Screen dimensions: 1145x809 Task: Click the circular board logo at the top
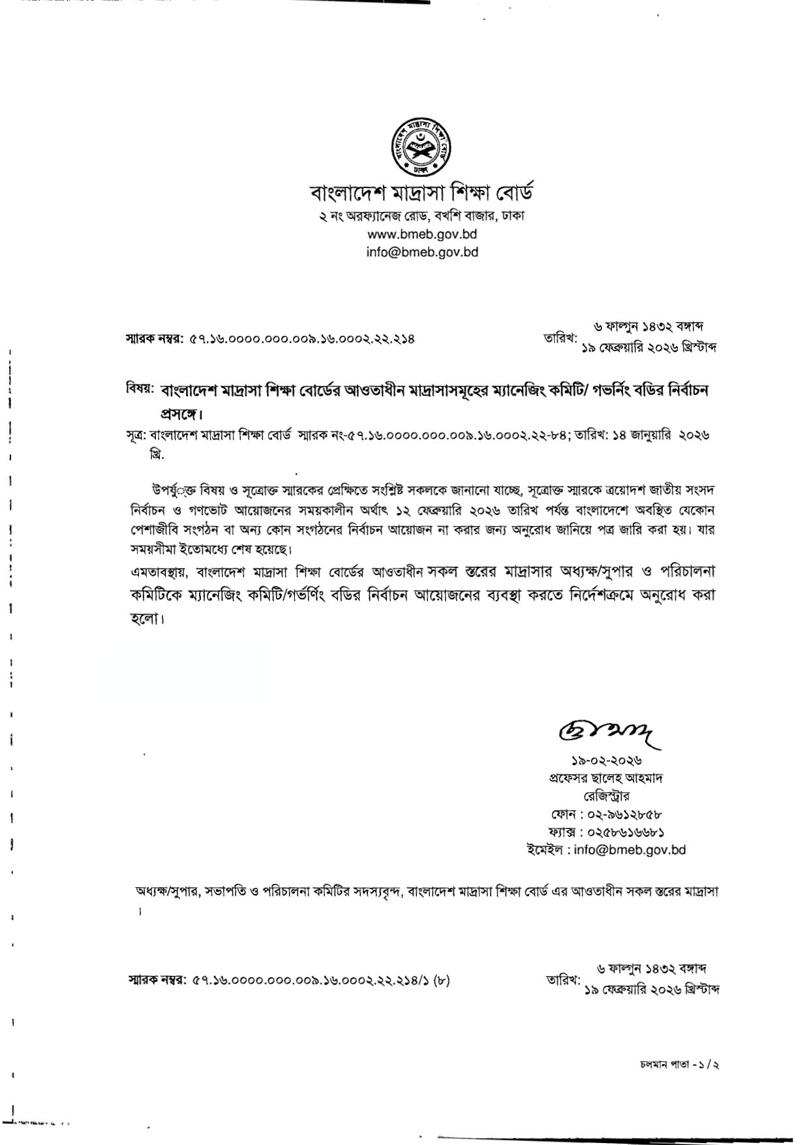pyautogui.click(x=421, y=146)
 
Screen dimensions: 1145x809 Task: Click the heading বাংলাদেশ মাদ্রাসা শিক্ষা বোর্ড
pyautogui.click(x=421, y=193)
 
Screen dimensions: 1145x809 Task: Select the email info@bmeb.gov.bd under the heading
pyautogui.click(x=422, y=251)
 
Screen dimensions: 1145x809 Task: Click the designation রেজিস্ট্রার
pyautogui.click(x=606, y=796)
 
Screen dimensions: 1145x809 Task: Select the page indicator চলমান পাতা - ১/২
pyautogui.click(x=679, y=1065)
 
